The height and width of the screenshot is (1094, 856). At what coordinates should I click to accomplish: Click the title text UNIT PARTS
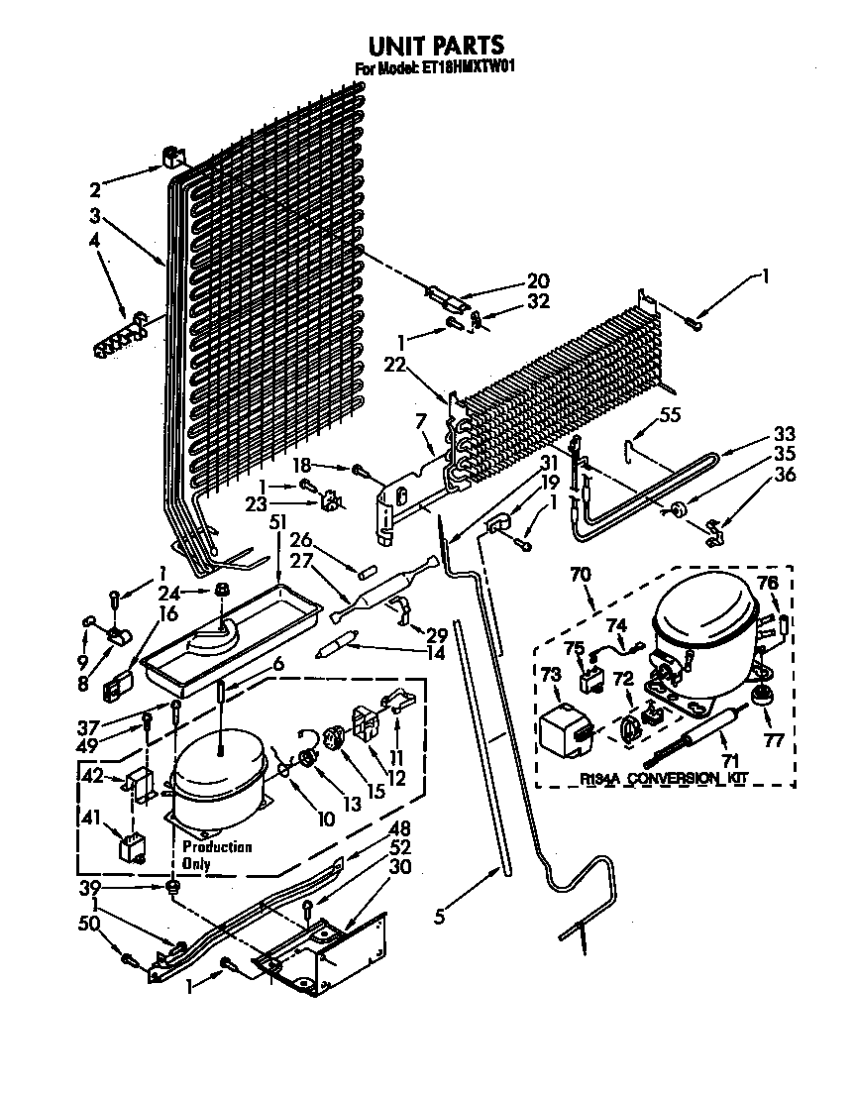click(x=435, y=46)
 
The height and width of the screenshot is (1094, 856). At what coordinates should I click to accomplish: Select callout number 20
click(x=538, y=281)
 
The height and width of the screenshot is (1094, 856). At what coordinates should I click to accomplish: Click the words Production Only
click(x=216, y=855)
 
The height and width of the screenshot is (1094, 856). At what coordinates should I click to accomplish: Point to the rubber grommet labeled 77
click(x=761, y=697)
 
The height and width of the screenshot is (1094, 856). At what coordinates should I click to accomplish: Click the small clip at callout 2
click(x=174, y=158)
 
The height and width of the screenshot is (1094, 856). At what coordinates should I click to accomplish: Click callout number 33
click(x=785, y=434)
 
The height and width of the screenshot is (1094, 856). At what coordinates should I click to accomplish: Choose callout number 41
click(x=91, y=819)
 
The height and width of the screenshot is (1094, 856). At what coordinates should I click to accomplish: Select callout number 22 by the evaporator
click(x=394, y=366)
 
